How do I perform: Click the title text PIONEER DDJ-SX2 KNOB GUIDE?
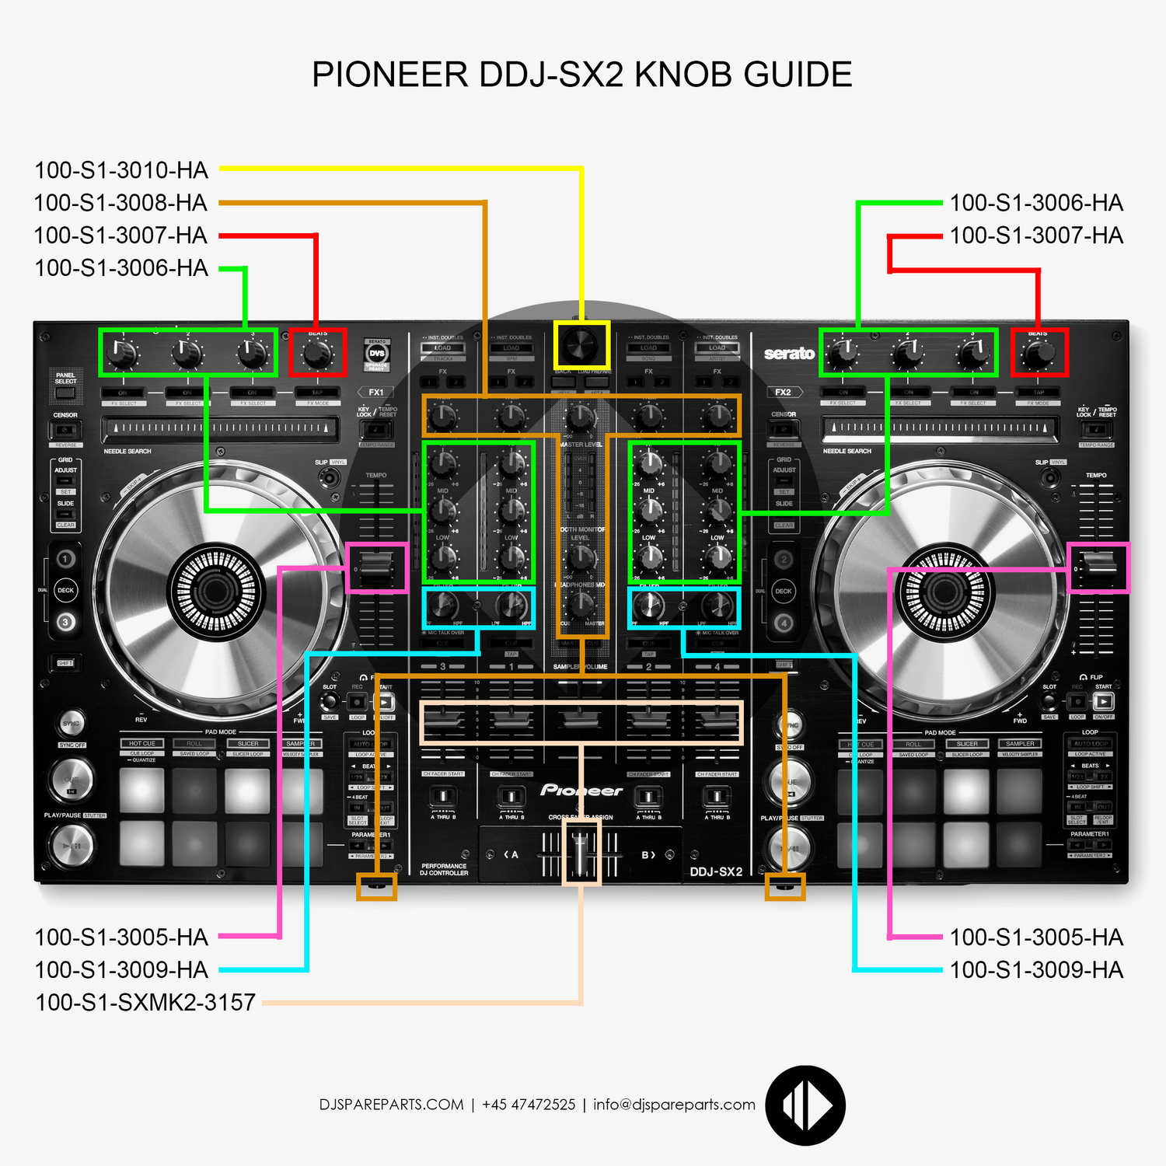(x=581, y=75)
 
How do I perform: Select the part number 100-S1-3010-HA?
(x=121, y=170)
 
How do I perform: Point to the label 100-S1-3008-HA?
(x=121, y=203)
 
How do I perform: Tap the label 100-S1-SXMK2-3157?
(x=145, y=1002)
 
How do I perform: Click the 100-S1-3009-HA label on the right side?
(x=1036, y=969)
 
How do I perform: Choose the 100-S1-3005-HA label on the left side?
(x=121, y=937)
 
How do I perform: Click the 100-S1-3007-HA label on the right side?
(x=1036, y=236)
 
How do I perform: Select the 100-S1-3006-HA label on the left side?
(x=121, y=268)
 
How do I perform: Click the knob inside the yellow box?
(x=581, y=344)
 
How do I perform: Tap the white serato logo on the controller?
(x=789, y=354)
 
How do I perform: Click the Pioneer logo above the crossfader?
(x=581, y=791)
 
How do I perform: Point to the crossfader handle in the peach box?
(x=581, y=855)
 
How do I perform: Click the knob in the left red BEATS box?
(x=317, y=354)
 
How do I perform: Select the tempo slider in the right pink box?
(x=1098, y=567)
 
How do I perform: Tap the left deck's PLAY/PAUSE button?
(x=72, y=845)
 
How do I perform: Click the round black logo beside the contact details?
(x=805, y=1105)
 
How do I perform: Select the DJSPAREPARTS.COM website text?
(x=391, y=1105)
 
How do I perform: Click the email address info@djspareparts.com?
(x=674, y=1105)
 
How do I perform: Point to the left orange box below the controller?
(x=376, y=886)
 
